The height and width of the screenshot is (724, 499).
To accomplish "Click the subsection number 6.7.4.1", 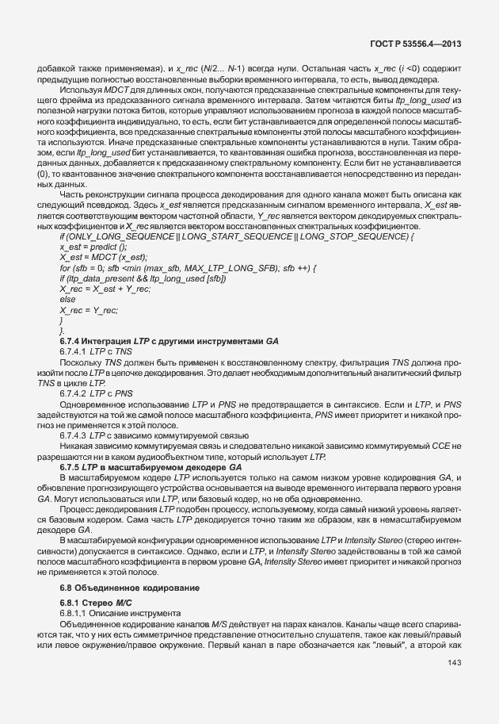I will (x=74, y=350).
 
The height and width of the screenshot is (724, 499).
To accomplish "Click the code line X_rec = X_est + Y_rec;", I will (x=106, y=289).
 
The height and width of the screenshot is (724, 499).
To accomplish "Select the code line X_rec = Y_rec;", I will (x=88, y=309).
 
